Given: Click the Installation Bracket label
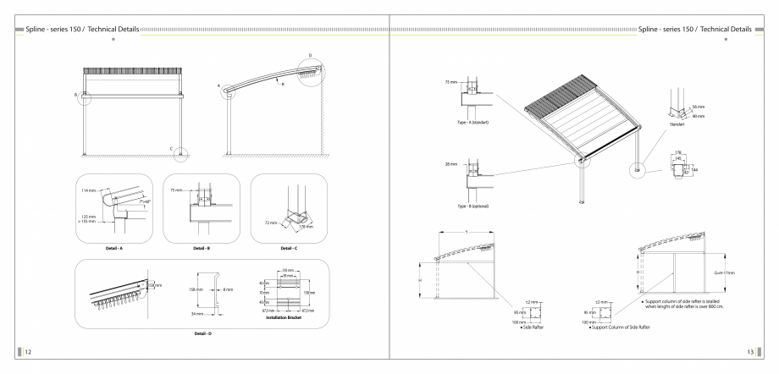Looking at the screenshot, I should (284, 317).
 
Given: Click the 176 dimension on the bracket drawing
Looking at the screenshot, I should (679, 153).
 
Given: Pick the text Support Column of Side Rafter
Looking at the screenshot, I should (632, 326).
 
